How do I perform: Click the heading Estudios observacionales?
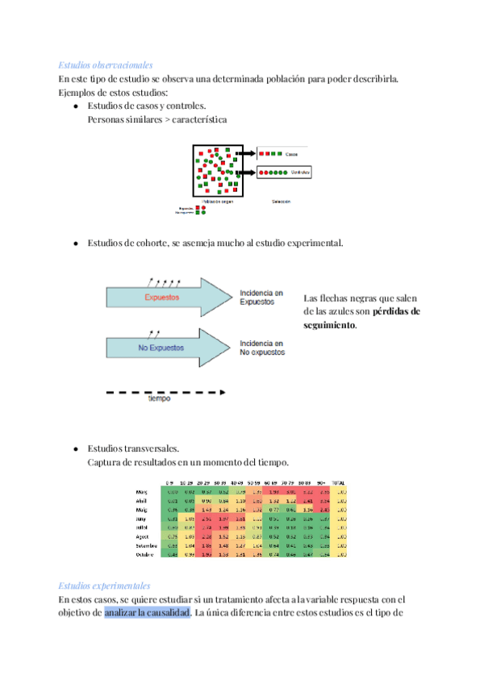coord(106,65)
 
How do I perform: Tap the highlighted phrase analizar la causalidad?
coord(147,613)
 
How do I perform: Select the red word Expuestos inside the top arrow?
coord(161,298)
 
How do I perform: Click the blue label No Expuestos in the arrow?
coord(161,348)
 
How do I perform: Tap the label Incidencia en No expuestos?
coord(262,348)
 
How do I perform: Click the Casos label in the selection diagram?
coord(291,153)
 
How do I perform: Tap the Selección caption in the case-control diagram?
coord(281,201)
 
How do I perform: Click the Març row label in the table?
coord(142,491)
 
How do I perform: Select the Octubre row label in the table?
coord(146,554)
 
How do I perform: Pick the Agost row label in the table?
coord(144,536)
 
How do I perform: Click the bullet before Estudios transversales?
coord(75,448)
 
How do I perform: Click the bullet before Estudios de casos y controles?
coord(75,106)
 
